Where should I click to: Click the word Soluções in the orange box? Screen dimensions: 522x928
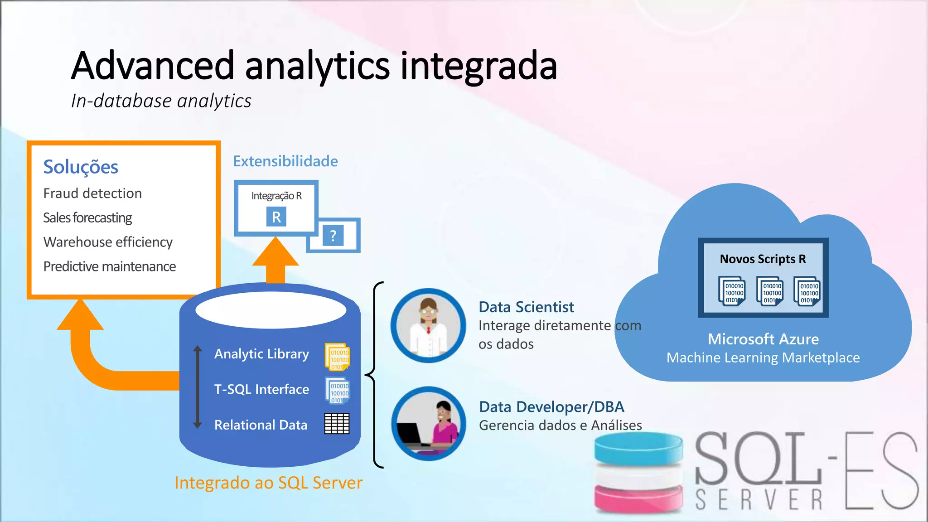(81, 167)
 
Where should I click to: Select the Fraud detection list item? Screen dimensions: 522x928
(92, 193)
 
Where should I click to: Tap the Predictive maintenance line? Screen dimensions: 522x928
(109, 266)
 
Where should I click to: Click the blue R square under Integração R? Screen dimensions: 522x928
(276, 217)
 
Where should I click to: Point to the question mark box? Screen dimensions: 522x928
(333, 236)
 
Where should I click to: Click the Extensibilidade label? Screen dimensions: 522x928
(285, 161)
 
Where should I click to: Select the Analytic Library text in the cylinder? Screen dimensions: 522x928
(261, 354)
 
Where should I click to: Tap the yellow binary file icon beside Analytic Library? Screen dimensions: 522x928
(338, 357)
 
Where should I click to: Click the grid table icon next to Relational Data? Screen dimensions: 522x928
(337, 424)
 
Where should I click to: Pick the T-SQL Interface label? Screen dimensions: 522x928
(261, 389)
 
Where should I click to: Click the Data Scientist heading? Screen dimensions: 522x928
(526, 307)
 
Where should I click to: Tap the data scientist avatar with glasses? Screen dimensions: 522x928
(428, 325)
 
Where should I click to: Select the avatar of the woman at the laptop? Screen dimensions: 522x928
(429, 424)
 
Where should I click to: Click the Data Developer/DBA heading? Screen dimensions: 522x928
(551, 407)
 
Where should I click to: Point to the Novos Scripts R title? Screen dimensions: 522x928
(763, 259)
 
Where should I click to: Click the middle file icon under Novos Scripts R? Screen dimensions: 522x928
(770, 291)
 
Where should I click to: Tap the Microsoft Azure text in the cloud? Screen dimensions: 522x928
(763, 339)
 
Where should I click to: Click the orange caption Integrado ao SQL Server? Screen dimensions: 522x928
(268, 483)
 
